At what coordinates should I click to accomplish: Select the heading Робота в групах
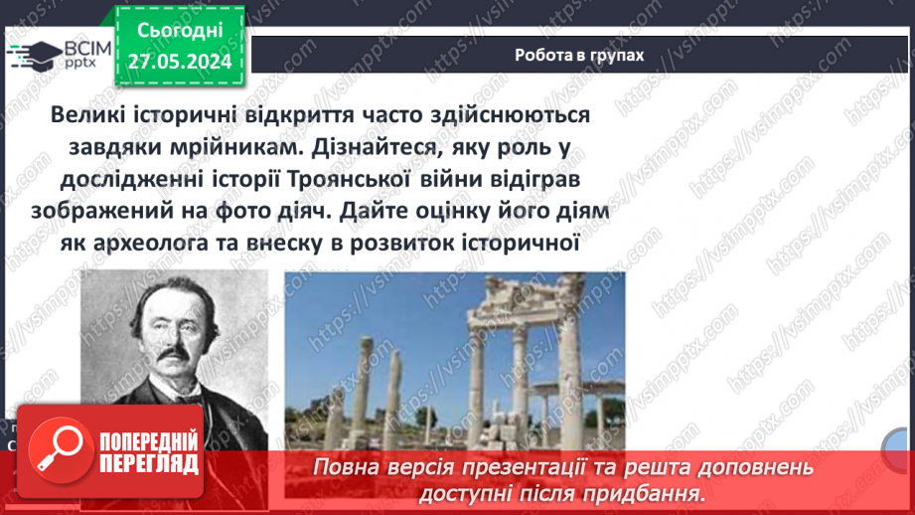tap(579, 56)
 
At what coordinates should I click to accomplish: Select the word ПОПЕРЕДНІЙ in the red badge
tap(148, 439)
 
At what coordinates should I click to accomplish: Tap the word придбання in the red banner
tap(655, 492)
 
